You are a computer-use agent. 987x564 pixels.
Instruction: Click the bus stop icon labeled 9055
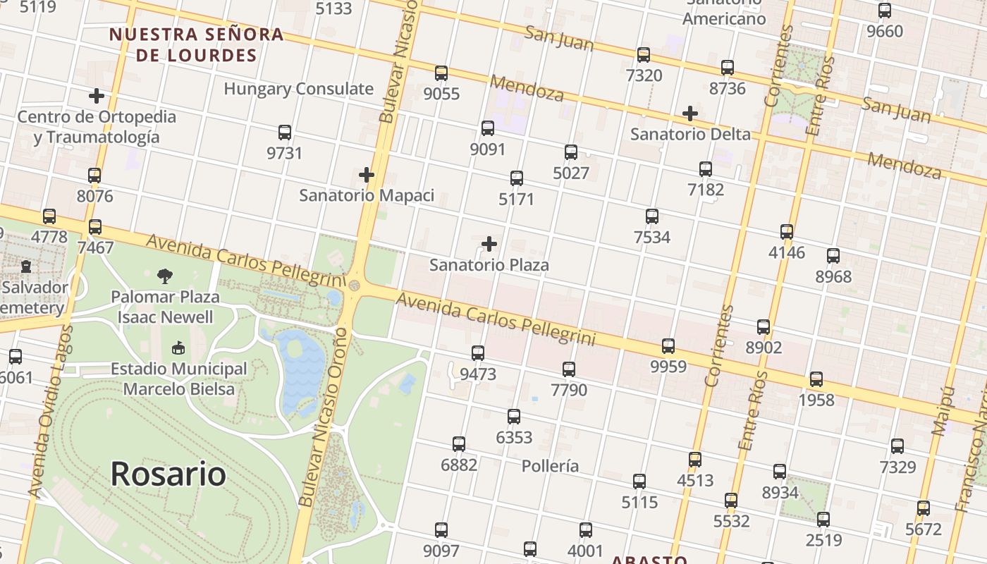[x=441, y=73]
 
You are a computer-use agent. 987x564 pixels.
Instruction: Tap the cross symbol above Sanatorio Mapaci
[x=367, y=174]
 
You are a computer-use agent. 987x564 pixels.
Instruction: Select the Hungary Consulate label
[x=298, y=89]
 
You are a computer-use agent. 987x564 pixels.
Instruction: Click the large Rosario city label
[x=168, y=474]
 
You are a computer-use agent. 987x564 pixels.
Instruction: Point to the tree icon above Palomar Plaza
[x=165, y=276]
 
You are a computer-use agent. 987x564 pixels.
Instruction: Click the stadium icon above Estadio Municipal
[x=178, y=348]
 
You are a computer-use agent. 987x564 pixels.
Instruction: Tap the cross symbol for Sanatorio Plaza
[x=489, y=244]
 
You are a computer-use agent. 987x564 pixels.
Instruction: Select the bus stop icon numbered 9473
[x=478, y=352]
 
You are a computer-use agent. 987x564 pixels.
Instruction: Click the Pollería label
[x=551, y=466]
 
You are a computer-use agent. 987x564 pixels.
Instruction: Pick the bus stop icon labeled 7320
[x=644, y=54]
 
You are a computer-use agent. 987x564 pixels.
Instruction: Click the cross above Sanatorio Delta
[x=690, y=113]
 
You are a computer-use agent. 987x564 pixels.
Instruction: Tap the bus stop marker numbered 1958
[x=816, y=379]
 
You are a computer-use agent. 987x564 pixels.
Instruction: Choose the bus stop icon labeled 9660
[x=885, y=11]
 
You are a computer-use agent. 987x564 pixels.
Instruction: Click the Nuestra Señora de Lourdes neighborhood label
[x=196, y=44]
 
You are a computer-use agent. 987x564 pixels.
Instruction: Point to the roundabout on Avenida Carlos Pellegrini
[x=354, y=286]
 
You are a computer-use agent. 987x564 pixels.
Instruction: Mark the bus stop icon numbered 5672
[x=924, y=508]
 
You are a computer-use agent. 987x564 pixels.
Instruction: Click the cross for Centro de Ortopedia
[x=97, y=95]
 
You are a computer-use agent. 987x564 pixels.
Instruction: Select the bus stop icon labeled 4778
[x=49, y=216]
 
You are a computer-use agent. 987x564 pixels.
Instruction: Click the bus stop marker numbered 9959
[x=668, y=345]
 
